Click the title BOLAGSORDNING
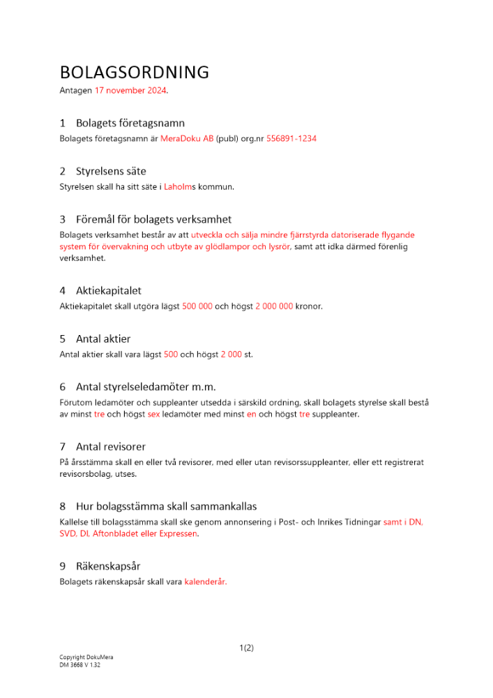[x=135, y=73]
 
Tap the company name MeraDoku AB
[x=187, y=139]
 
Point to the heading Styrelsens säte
[x=111, y=171]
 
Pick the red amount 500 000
[x=197, y=306]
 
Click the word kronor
[x=309, y=306]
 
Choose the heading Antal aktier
[x=103, y=339]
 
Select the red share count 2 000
[x=232, y=355]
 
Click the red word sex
[x=153, y=415]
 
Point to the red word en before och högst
[x=252, y=415]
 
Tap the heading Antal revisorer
[x=111, y=447]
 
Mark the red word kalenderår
[x=206, y=581]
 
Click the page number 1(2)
[x=246, y=648]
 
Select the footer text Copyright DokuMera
[x=86, y=658]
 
